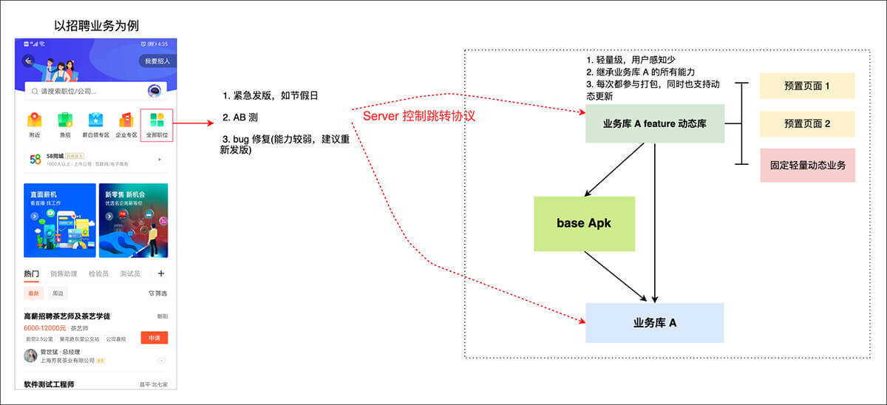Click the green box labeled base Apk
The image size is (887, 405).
coord(584,223)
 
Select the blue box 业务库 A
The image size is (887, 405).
coord(654,323)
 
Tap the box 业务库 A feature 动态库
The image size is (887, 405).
coord(654,123)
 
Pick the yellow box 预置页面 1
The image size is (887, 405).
coord(806,86)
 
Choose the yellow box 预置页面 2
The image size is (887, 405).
coord(806,123)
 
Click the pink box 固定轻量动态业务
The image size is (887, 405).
coord(806,165)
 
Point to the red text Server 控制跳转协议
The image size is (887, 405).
coord(419,116)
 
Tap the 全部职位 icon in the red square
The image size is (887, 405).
coord(156,124)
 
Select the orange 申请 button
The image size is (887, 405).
coord(154,338)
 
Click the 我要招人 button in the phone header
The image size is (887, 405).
coord(157,61)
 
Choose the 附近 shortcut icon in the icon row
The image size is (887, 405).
coord(35,124)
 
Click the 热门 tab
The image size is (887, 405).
coord(31,273)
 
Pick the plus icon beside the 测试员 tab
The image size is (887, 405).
coord(161,273)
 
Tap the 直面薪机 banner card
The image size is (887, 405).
coord(60,219)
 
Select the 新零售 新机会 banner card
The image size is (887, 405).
coord(133,219)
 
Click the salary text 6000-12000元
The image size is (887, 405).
coord(44,327)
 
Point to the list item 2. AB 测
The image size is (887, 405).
coord(240,118)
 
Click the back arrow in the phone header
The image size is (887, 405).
coord(30,61)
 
